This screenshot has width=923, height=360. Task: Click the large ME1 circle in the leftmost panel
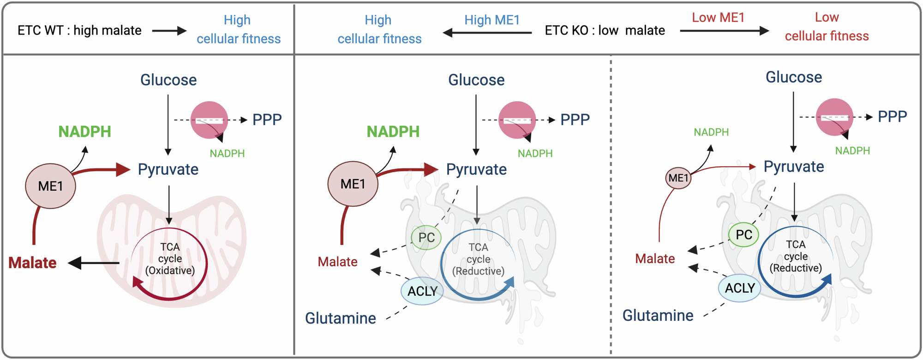(x=50, y=186)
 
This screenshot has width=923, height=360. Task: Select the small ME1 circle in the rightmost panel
(x=678, y=178)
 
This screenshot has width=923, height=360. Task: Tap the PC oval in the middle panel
(x=426, y=238)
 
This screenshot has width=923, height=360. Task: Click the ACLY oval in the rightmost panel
(x=739, y=288)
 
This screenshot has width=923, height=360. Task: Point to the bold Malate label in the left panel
(x=32, y=263)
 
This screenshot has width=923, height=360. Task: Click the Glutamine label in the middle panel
(x=340, y=318)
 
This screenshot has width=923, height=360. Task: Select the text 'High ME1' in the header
(x=491, y=20)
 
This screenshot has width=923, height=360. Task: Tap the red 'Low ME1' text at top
(x=718, y=18)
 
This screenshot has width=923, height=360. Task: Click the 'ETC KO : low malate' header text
(x=605, y=30)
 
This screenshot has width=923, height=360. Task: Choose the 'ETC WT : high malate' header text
(x=79, y=30)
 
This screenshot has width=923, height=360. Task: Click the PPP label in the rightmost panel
(x=892, y=116)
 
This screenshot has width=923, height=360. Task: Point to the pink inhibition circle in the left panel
(x=209, y=120)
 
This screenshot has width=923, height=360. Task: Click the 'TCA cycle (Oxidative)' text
(x=170, y=258)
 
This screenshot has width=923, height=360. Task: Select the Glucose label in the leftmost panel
(x=168, y=80)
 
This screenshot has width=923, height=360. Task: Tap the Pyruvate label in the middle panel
(x=476, y=169)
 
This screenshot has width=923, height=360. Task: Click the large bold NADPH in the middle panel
(x=393, y=132)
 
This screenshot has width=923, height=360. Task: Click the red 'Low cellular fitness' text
(x=827, y=27)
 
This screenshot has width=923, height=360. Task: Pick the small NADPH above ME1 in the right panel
(x=711, y=132)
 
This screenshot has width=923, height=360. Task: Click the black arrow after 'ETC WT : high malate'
(x=169, y=31)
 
